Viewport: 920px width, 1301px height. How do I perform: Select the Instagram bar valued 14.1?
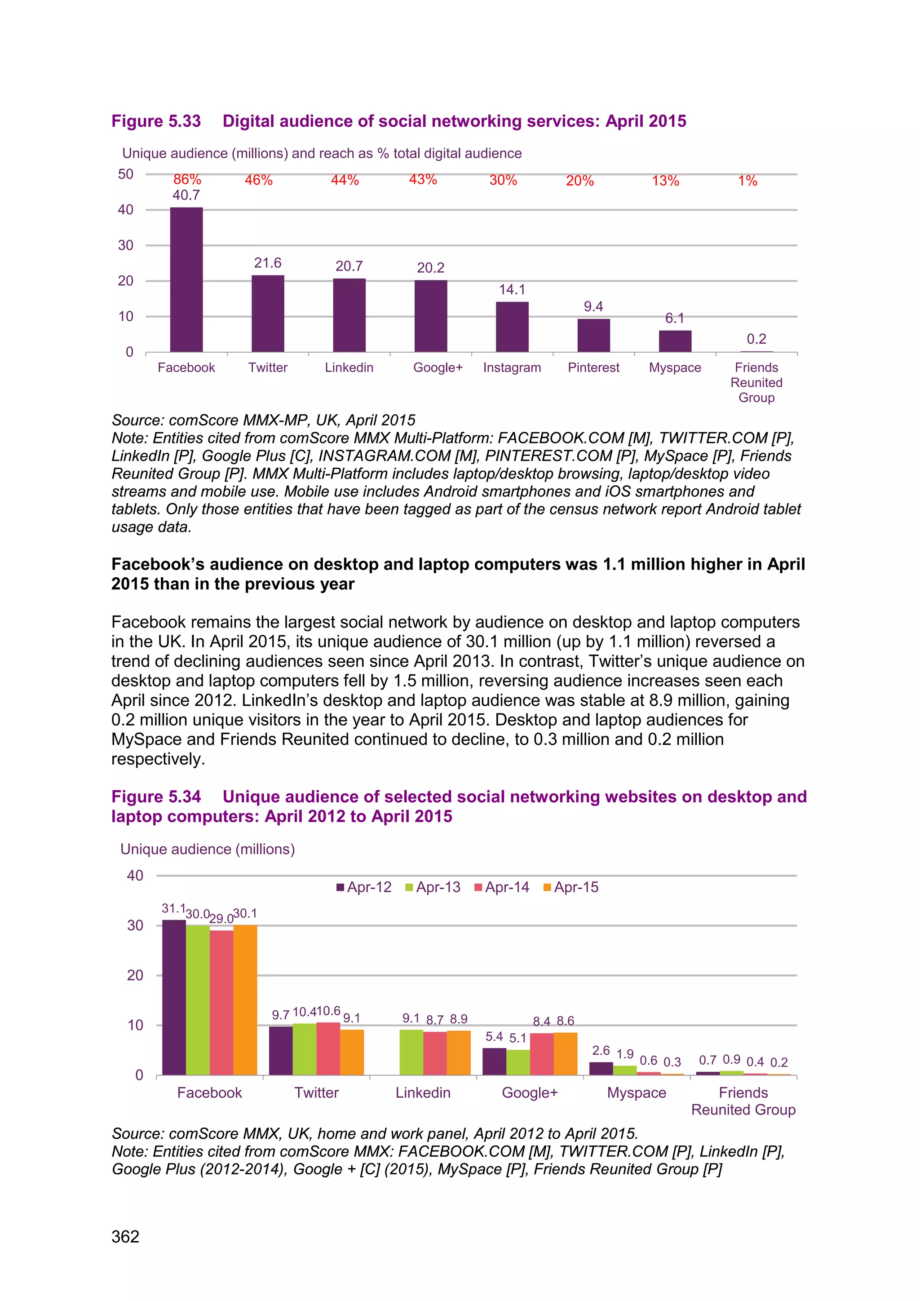(512, 327)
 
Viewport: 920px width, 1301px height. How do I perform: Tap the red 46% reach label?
(258, 180)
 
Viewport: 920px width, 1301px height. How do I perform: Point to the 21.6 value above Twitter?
(267, 263)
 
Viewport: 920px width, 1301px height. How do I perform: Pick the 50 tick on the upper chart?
(126, 174)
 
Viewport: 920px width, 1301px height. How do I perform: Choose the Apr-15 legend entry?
(571, 887)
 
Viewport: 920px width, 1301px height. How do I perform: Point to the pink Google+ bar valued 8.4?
(542, 1053)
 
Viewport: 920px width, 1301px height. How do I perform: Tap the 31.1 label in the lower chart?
(173, 908)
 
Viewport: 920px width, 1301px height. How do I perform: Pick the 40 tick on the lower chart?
(135, 876)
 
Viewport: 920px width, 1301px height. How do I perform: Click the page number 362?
(125, 1236)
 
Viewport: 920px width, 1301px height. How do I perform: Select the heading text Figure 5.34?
(156, 797)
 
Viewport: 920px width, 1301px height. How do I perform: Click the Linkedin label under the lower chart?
(423, 1093)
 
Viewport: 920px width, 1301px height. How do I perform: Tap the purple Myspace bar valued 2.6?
(601, 1068)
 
